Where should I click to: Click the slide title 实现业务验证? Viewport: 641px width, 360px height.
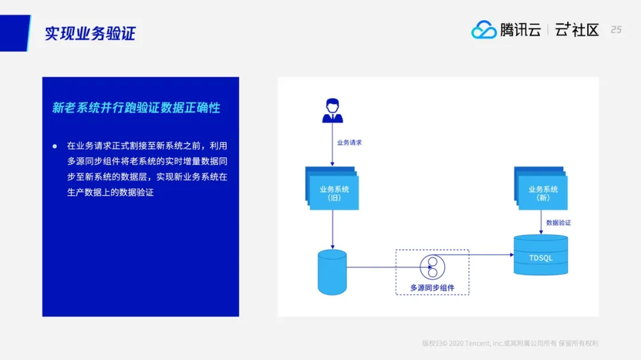tap(90, 33)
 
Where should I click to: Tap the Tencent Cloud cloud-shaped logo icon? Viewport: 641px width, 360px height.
tap(484, 30)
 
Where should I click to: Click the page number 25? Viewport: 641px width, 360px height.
tap(616, 30)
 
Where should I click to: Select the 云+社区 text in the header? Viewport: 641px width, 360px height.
tap(577, 30)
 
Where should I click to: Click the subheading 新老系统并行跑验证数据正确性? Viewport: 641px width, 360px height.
tap(136, 107)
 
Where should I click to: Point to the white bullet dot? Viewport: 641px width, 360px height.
tap(55, 146)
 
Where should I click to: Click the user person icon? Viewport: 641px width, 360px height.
tap(332, 110)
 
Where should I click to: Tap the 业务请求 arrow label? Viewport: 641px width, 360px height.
tap(349, 142)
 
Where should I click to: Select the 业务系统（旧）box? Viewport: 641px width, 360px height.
tap(332, 189)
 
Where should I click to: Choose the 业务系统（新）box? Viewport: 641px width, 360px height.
tap(541, 189)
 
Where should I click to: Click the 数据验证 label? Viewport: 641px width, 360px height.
tap(559, 222)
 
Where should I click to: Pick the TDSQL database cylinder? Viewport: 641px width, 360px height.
tap(541, 255)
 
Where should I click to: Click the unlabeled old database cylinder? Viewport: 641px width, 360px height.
tap(332, 272)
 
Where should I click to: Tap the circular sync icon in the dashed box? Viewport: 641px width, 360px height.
tap(432, 267)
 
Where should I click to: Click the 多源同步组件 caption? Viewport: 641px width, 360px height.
tap(432, 288)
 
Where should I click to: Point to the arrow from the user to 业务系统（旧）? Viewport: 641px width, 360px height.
tap(332, 145)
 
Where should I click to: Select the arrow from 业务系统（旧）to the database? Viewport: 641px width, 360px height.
tap(332, 230)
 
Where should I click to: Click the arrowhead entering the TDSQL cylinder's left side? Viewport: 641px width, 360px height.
tap(512, 254)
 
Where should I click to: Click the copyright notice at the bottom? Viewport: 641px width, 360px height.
tap(510, 343)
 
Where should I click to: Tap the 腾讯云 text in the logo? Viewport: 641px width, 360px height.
tap(521, 30)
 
